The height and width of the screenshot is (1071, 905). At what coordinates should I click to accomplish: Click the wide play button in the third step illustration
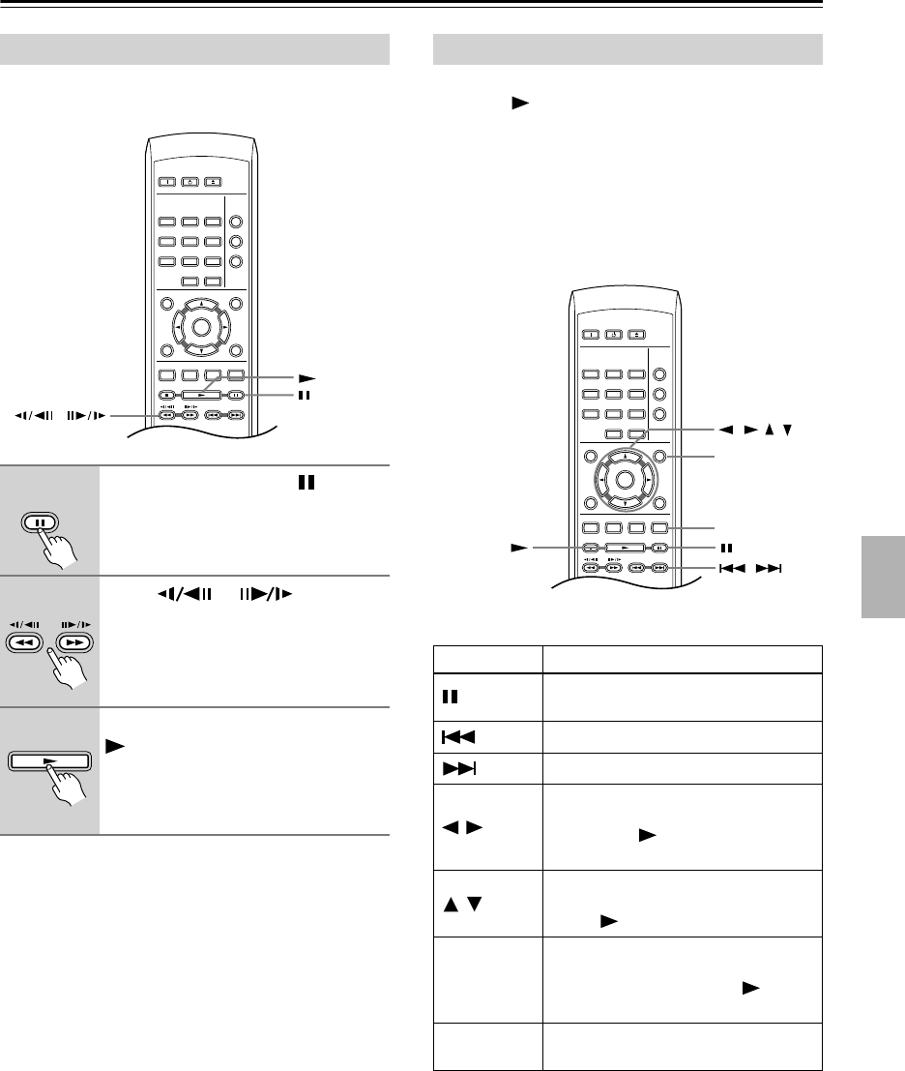[50, 760]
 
